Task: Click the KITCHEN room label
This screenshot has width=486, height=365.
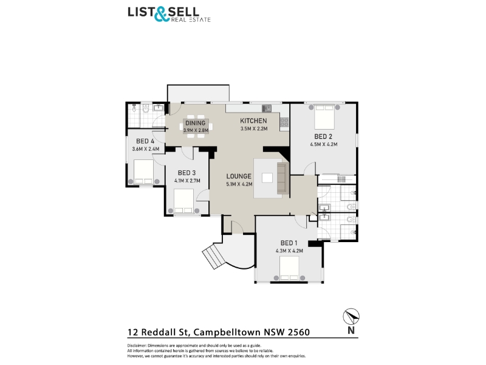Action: point(253,120)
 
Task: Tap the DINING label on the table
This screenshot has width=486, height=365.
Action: point(195,123)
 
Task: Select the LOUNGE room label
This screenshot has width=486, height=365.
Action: point(239,176)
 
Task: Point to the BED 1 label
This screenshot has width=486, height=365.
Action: point(289,243)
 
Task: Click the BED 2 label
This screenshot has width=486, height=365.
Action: point(323,136)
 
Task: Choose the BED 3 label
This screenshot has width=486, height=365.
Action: point(187,173)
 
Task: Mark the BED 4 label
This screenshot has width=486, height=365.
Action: point(145,142)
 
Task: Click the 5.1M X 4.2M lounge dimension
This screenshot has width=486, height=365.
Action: point(239,184)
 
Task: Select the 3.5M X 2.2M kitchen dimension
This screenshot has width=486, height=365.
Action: point(254,129)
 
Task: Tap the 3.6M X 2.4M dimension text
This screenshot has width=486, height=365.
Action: point(146,149)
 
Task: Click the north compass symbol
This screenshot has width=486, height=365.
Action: point(351,316)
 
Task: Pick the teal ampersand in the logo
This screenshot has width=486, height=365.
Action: point(162,15)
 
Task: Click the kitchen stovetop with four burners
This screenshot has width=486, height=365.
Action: point(284,122)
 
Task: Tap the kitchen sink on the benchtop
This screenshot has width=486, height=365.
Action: point(267,108)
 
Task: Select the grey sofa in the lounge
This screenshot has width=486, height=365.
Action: point(282,178)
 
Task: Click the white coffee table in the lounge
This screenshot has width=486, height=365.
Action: point(267,178)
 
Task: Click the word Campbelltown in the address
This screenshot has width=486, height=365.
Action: point(227,332)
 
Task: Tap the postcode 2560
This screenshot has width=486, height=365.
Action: point(299,332)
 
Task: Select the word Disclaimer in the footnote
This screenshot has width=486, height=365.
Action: point(136,346)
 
